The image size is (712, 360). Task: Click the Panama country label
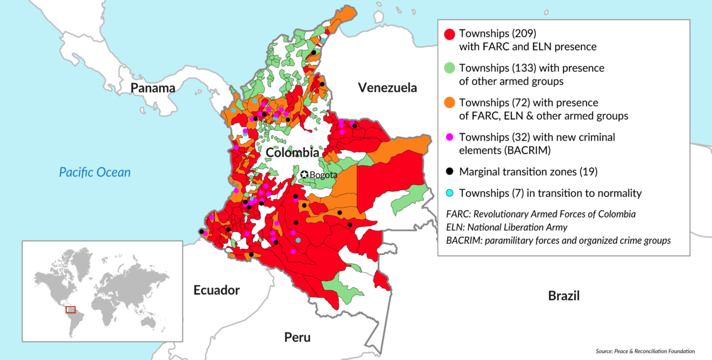(x=153, y=88)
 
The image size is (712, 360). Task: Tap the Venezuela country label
(x=387, y=87)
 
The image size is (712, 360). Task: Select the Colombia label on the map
(x=292, y=152)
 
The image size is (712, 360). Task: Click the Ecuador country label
(x=216, y=290)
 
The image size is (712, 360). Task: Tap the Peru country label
(x=297, y=337)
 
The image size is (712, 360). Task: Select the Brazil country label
(x=563, y=296)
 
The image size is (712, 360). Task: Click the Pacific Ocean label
(x=95, y=172)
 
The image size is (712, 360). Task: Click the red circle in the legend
(x=448, y=34)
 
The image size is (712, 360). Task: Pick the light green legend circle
(x=448, y=68)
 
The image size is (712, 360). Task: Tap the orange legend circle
(x=448, y=102)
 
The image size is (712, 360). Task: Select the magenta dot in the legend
(x=448, y=137)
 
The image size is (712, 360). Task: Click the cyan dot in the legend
(x=448, y=193)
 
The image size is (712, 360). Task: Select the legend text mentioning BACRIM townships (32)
(x=537, y=143)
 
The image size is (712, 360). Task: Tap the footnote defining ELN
(x=507, y=227)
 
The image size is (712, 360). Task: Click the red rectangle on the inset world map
(x=71, y=309)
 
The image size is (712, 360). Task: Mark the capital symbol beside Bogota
(x=304, y=174)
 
